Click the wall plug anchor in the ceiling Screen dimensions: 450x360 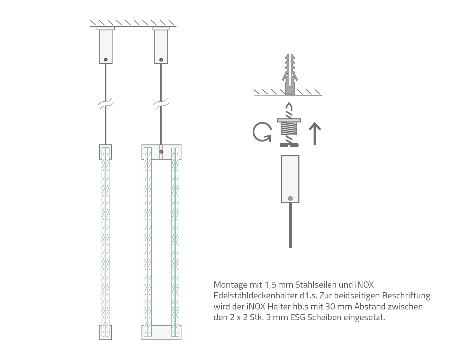(290, 74)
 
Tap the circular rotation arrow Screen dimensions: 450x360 (262, 132)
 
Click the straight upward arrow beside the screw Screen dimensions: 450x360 (315, 134)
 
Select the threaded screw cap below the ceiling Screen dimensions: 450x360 (289, 127)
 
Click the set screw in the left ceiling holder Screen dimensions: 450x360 (106, 60)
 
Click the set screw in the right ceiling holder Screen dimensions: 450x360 (161, 60)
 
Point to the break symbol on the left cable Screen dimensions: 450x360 (106, 103)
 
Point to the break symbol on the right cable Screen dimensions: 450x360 (161, 103)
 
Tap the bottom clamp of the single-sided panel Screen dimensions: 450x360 (106, 332)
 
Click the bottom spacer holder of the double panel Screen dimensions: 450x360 (161, 332)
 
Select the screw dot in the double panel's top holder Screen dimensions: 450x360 (161, 152)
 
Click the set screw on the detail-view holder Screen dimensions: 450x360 (290, 198)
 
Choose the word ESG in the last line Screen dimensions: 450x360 (298, 317)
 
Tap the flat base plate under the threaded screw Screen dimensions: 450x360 (289, 145)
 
